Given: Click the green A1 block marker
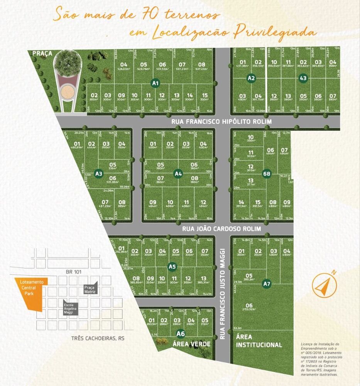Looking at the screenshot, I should tap(155, 83).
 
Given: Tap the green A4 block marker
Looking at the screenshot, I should tap(178, 173).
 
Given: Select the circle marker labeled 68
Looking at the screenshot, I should tap(266, 173).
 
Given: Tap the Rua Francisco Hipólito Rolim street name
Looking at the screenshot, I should tap(221, 122).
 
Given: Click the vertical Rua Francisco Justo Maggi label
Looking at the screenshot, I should tap(223, 293).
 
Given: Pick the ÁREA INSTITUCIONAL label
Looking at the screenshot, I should tap(259, 341).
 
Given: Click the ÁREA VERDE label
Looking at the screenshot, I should tap(191, 344).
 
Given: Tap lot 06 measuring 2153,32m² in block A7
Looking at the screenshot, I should tap(249, 307).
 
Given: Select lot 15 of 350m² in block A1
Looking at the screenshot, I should tap(205, 97).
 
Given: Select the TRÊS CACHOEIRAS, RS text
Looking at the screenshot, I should tap(98, 339).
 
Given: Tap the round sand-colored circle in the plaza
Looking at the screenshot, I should tap(68, 92).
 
